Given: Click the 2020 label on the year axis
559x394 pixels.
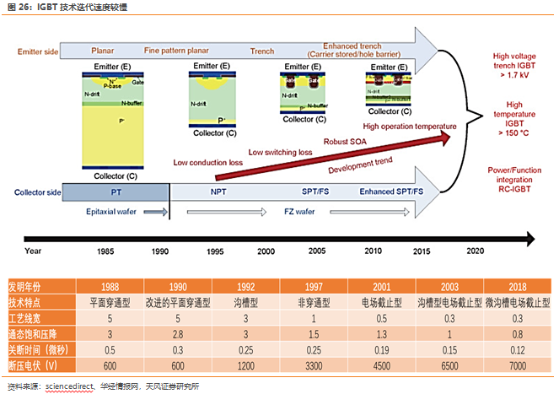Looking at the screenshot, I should coord(476,251).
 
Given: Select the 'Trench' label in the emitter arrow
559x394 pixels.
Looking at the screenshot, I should coord(262,51).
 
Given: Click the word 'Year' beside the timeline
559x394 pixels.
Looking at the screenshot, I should coord(33,251).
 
